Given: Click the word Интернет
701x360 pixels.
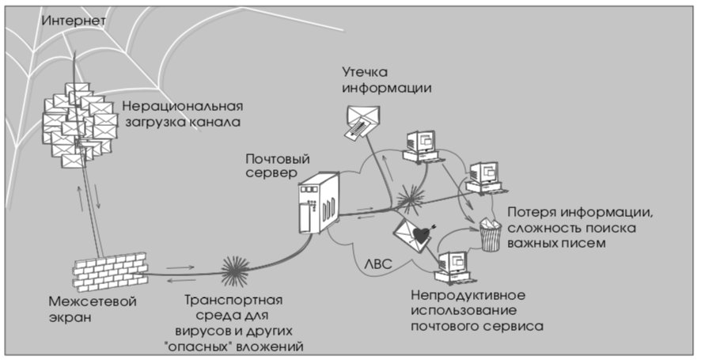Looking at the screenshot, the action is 74,21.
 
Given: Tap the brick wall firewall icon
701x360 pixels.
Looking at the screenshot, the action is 111,271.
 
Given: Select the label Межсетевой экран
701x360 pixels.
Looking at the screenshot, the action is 92,309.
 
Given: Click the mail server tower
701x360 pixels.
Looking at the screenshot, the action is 319,203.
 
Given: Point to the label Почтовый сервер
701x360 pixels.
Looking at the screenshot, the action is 278,166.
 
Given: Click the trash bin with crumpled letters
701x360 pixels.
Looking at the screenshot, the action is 491,234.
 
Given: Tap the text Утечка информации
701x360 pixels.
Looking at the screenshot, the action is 387,80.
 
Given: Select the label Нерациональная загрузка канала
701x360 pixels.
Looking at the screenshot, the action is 183,114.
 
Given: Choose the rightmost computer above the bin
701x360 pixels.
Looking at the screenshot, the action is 485,177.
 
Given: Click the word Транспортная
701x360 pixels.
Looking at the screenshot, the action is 234,300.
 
